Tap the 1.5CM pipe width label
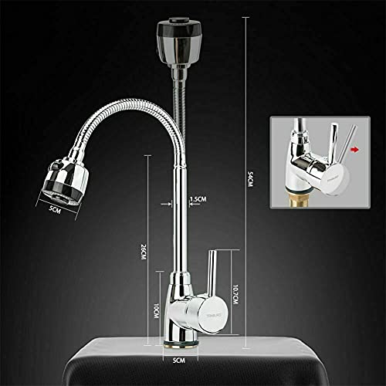point(198,199)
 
